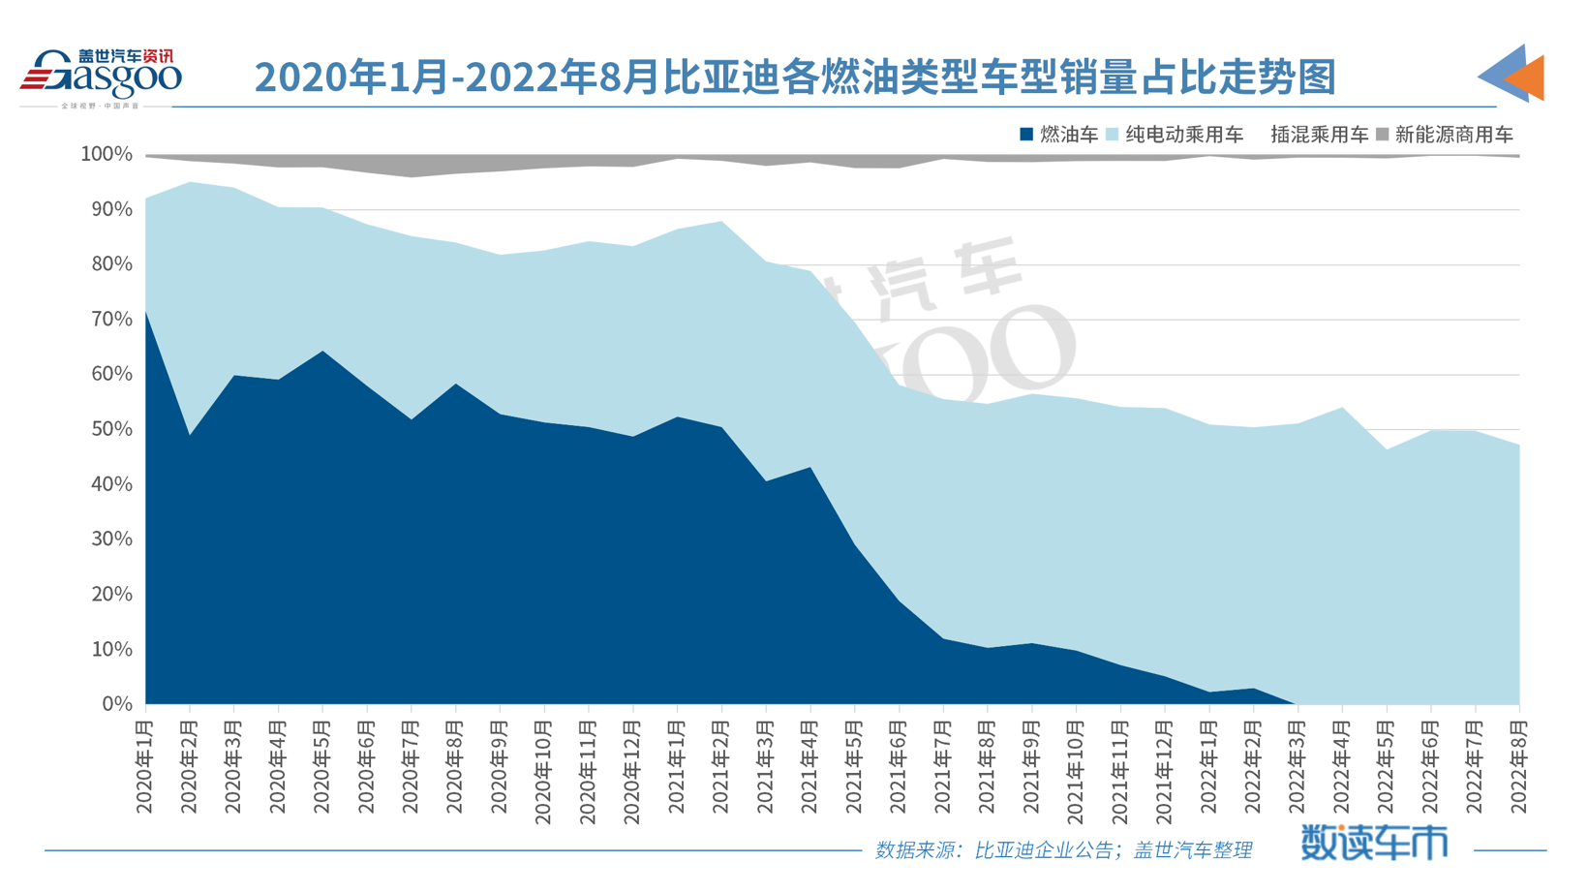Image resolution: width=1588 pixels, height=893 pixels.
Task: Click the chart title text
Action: tap(794, 77)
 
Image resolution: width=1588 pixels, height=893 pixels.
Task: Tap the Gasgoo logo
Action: tap(101, 77)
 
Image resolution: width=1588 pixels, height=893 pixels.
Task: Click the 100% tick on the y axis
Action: tap(107, 154)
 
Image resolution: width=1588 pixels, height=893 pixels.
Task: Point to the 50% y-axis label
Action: tap(111, 429)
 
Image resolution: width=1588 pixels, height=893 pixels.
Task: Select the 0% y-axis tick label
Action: tap(116, 704)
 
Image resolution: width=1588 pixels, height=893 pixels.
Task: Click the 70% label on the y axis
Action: tap(111, 320)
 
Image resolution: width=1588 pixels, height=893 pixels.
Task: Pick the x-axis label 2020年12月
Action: tap(632, 772)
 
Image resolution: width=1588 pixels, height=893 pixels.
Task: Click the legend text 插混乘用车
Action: tap(1319, 136)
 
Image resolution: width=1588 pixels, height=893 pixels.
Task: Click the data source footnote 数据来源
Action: tap(1062, 850)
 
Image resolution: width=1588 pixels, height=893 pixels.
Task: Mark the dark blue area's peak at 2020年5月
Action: tap(322, 352)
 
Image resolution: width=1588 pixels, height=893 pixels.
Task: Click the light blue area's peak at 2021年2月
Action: tap(721, 222)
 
